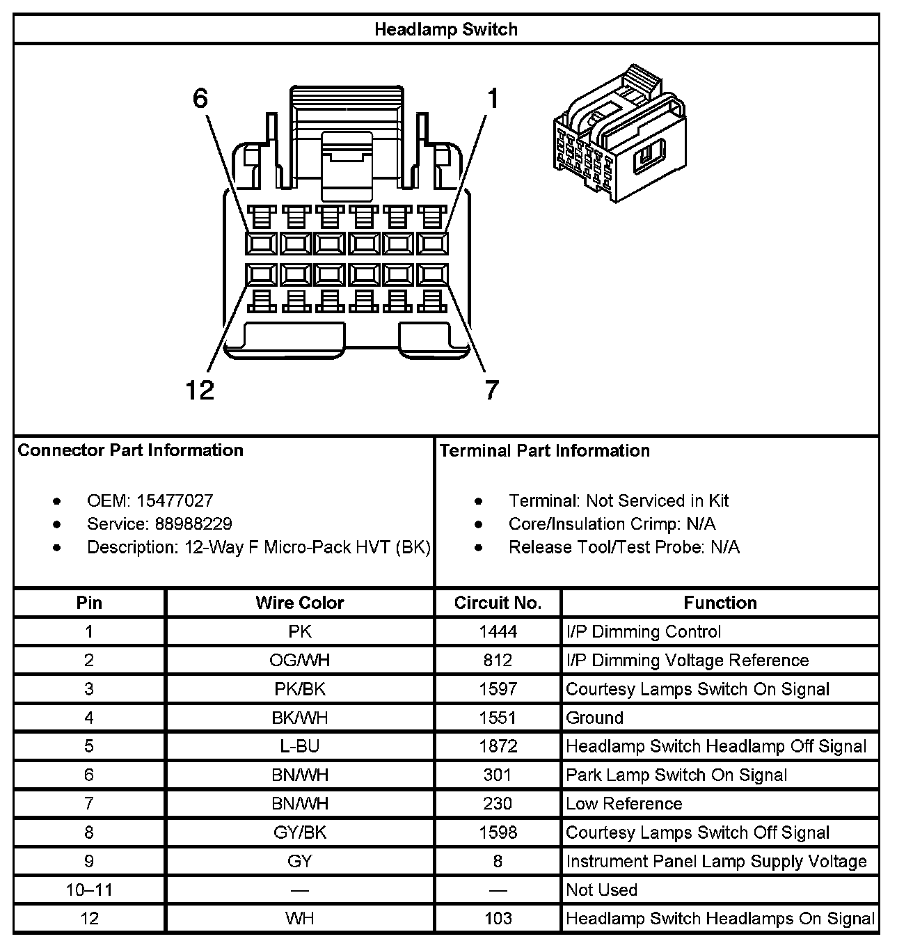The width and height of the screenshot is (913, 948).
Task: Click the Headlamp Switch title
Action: (x=445, y=30)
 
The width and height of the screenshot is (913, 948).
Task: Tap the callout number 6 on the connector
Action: (x=200, y=99)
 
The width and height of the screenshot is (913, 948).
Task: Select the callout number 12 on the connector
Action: (x=200, y=390)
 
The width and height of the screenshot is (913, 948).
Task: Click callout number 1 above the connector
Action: (x=492, y=99)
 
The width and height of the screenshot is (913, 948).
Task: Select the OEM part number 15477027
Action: (x=175, y=501)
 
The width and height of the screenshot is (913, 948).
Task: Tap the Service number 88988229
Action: (x=184, y=524)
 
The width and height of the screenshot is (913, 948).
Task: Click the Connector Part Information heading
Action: (x=131, y=450)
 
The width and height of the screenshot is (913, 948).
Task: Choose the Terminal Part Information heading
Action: (x=545, y=451)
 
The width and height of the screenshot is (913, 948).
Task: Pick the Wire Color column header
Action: (x=299, y=603)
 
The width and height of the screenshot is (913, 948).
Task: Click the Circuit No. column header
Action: (x=498, y=603)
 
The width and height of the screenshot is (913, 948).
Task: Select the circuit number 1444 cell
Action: (x=498, y=632)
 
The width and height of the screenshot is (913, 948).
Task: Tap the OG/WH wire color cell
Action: (x=299, y=661)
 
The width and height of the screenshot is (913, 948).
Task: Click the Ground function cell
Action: (x=594, y=718)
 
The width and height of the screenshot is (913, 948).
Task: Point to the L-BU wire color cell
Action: (x=299, y=747)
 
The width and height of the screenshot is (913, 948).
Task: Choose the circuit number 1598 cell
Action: (x=498, y=832)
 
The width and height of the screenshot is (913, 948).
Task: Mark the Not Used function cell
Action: (x=601, y=890)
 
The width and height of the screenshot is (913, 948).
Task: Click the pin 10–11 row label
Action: (x=89, y=890)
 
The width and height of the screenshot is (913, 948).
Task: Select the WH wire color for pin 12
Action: (x=299, y=919)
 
